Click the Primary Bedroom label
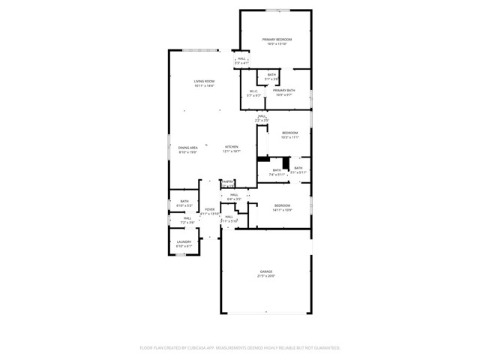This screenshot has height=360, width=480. point(276,39)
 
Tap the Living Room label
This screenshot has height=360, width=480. point(204,81)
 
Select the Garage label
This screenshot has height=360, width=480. point(266,271)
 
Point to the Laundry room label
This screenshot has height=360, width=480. point(184,241)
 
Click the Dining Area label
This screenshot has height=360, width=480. point(188,148)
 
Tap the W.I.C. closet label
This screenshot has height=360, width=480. point(254,91)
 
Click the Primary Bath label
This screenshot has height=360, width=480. point(285,91)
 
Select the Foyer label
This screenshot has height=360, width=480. point(210,209)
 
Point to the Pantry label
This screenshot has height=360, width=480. point(228,181)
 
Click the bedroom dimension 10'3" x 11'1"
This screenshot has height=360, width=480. point(289,137)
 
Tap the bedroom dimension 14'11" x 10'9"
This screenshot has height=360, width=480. point(282,209)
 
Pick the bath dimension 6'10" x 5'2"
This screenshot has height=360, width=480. point(184,205)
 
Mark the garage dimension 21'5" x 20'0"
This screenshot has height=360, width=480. point(266,276)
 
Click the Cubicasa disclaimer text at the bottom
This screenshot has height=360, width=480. point(240,347)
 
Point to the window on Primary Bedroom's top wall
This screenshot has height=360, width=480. point(277,10)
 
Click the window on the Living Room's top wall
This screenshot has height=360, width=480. point(201,50)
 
